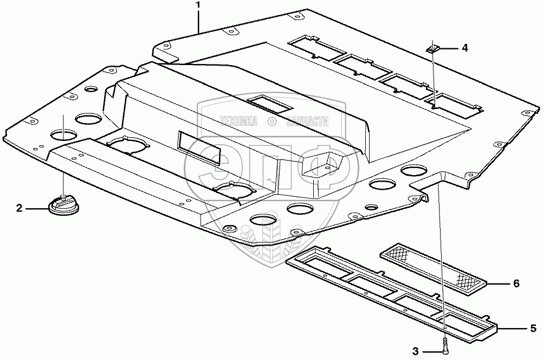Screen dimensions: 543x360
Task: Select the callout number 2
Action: click(x=19, y=208)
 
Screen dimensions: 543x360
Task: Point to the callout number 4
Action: click(x=464, y=48)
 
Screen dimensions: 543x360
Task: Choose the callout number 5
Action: click(x=533, y=327)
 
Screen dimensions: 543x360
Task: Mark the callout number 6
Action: click(x=517, y=283)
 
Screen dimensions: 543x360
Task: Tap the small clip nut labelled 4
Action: click(x=432, y=49)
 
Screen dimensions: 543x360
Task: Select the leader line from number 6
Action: click(x=499, y=283)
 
